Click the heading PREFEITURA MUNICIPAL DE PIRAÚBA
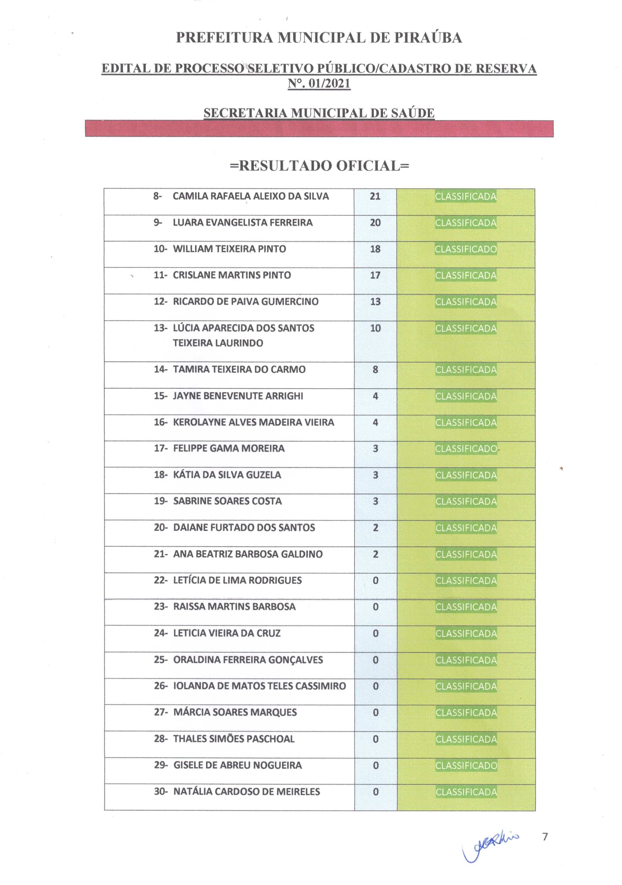pyautogui.click(x=319, y=38)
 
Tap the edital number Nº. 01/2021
pyautogui.click(x=319, y=83)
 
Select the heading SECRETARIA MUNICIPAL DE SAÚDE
pyautogui.click(x=319, y=113)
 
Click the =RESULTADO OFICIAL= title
pyautogui.click(x=319, y=166)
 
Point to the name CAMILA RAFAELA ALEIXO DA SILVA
pyautogui.click(x=250, y=196)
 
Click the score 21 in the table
pyautogui.click(x=375, y=196)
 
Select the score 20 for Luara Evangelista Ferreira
pyautogui.click(x=375, y=222)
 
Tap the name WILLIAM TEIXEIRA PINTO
pyautogui.click(x=229, y=249)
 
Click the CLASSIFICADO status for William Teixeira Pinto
pyautogui.click(x=465, y=249)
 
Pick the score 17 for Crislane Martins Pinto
pyautogui.click(x=375, y=275)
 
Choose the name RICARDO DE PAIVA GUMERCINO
pyautogui.click(x=246, y=302)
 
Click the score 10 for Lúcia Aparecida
pyautogui.click(x=375, y=328)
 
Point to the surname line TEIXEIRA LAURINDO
pyautogui.click(x=218, y=343)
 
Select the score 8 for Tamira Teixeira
pyautogui.click(x=375, y=370)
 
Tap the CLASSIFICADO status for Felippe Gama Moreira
pyautogui.click(x=466, y=449)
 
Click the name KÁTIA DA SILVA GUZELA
pyautogui.click(x=227, y=475)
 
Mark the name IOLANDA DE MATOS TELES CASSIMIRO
pyautogui.click(x=260, y=686)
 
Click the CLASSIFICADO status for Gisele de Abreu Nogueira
pyautogui.click(x=466, y=766)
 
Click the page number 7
pyautogui.click(x=545, y=837)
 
